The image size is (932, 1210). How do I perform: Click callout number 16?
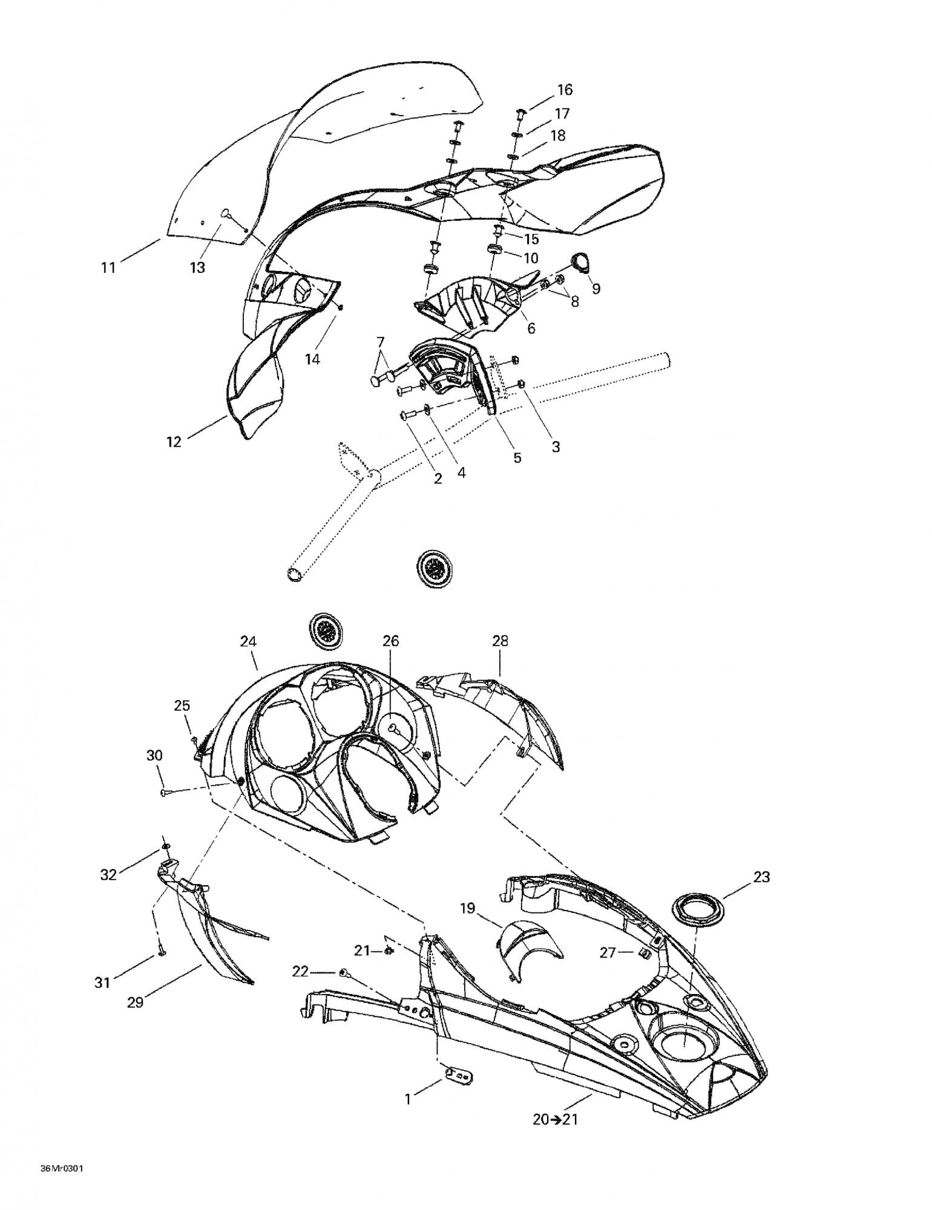click(x=564, y=90)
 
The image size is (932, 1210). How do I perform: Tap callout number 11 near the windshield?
click(x=108, y=267)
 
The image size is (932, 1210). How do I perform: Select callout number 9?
click(x=596, y=289)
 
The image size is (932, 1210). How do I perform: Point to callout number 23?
click(x=761, y=877)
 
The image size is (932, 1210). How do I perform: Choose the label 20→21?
click(x=555, y=1120)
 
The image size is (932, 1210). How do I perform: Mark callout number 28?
click(x=500, y=641)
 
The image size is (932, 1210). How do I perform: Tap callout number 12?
click(x=174, y=442)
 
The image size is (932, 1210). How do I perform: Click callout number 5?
click(x=517, y=457)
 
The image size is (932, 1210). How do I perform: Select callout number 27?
click(x=607, y=953)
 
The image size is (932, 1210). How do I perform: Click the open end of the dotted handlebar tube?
click(x=295, y=573)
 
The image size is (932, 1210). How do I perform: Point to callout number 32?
click(x=108, y=874)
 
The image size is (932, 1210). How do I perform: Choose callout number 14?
click(x=312, y=359)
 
